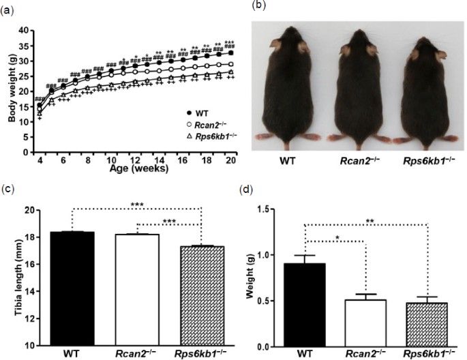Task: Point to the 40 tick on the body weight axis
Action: pos(25,30)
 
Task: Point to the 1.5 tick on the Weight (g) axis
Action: pos(268,209)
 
